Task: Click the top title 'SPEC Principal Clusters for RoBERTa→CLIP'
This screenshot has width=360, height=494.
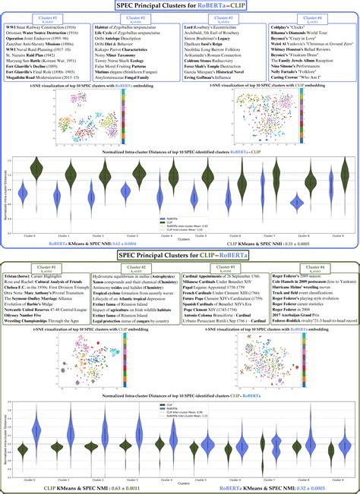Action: [180, 5]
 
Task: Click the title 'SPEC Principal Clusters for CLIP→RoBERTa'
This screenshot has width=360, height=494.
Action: [179, 256]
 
